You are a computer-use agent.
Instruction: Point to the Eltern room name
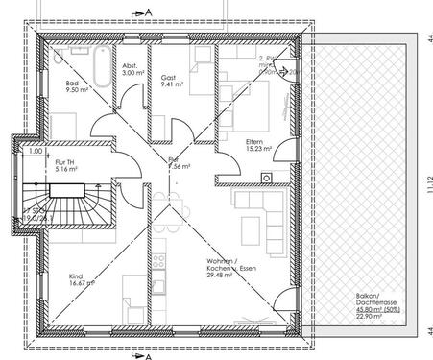(253, 140)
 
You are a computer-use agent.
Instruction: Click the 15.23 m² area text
(258, 149)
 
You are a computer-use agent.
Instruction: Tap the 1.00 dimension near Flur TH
(34, 151)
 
